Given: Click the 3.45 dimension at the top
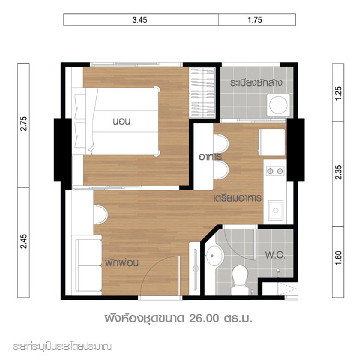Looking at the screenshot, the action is coord(140,20).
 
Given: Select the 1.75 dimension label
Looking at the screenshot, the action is coord(255,20).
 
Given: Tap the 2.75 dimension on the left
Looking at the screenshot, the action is coord(24,124).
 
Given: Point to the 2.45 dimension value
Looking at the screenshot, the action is coord(24,241).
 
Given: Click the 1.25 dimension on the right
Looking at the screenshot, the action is coord(338,93).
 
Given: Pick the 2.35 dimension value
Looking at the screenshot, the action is coord(338,172).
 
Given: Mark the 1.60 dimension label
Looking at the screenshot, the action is coord(338,258).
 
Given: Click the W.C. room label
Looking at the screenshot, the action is coord(275,255).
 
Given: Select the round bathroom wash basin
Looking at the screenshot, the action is coord(215,256).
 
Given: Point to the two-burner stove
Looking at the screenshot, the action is coord(275,171).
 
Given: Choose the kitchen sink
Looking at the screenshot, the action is coord(276,210).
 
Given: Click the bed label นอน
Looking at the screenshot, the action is coord(121,121).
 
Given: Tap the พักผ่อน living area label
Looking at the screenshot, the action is coord(122,263).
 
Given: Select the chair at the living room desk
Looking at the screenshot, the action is coord(100,215).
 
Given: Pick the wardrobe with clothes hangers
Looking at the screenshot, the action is coord(202,92).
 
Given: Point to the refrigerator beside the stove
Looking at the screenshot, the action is coord(272,142).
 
